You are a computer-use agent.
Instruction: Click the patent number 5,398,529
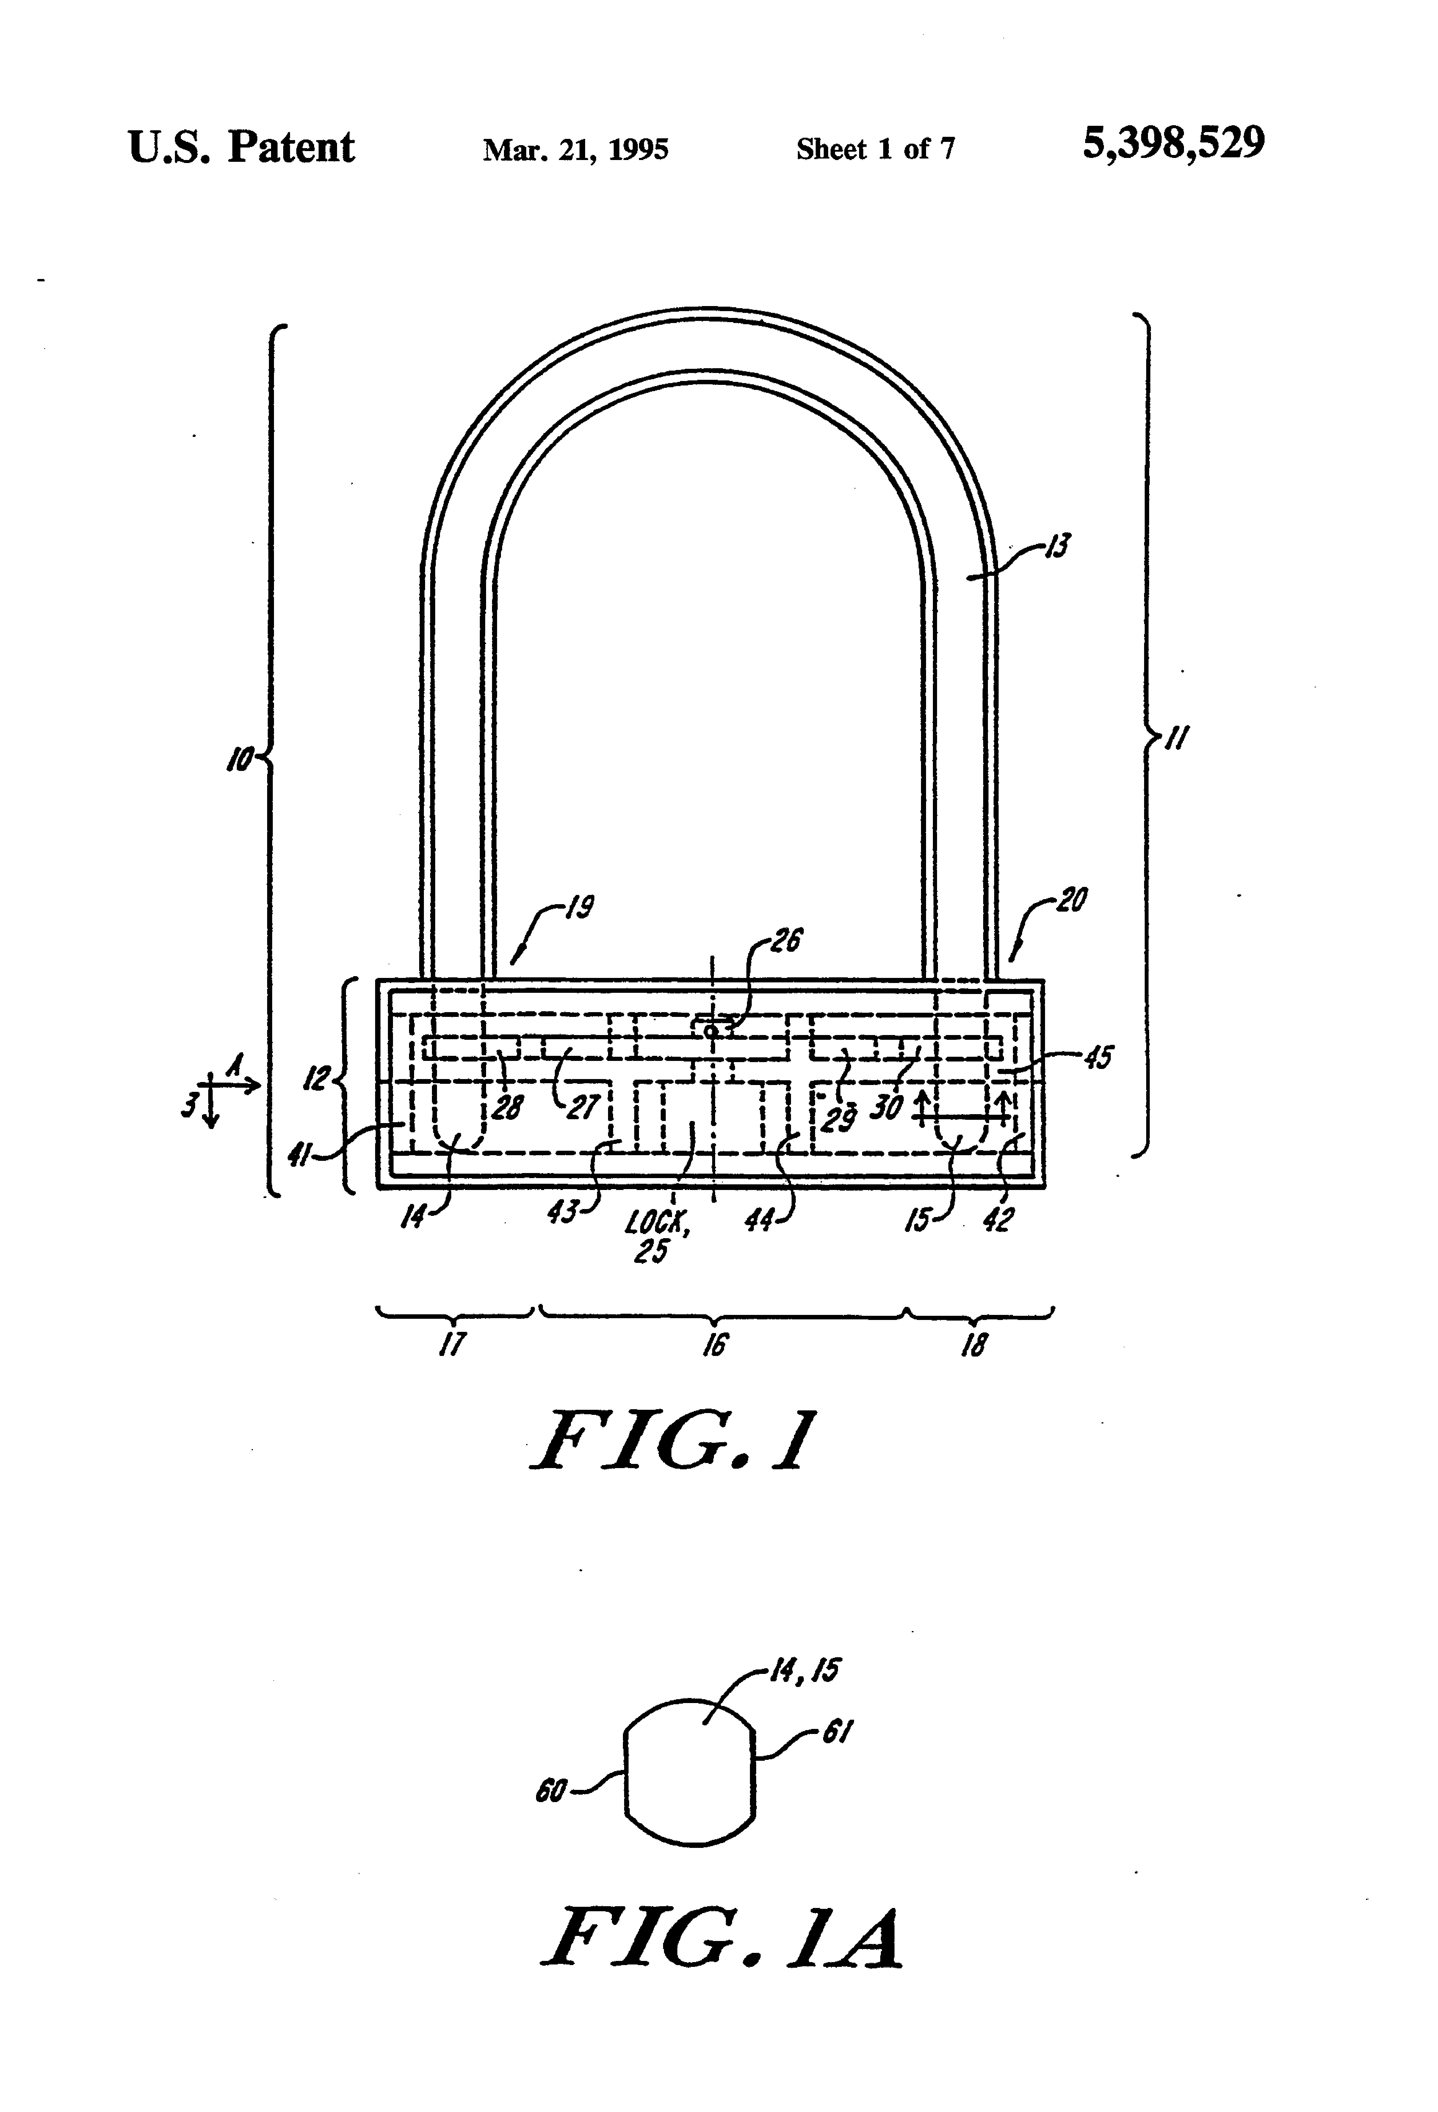[x=1173, y=144]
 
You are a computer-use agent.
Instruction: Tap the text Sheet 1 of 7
[x=875, y=149]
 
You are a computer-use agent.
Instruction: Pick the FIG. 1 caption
[x=673, y=1443]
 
